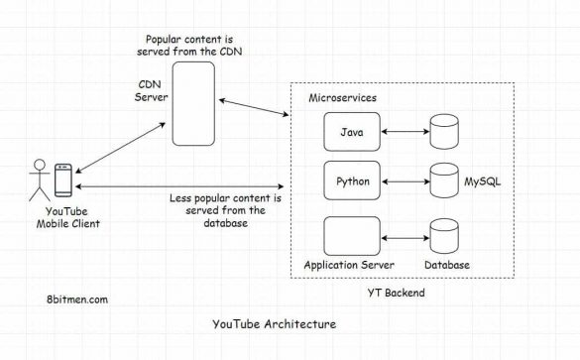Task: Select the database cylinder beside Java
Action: [x=442, y=132]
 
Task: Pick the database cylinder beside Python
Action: [x=442, y=182]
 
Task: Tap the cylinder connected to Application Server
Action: [x=442, y=236]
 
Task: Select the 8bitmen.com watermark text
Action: [x=78, y=299]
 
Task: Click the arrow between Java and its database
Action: [x=404, y=131]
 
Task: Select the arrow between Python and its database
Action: [x=404, y=181]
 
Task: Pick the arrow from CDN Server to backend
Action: [x=253, y=105]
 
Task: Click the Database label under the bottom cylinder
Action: [x=446, y=266]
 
